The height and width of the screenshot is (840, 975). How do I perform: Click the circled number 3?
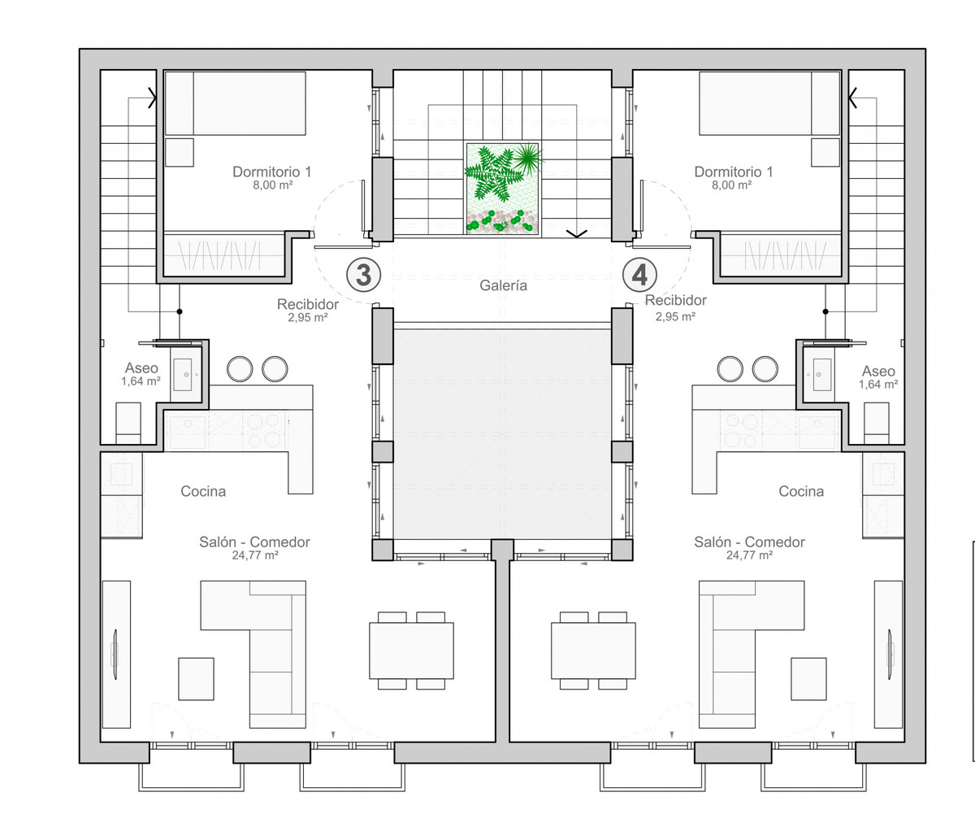tap(363, 275)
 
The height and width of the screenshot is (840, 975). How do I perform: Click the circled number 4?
tap(639, 275)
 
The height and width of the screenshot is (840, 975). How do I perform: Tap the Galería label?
tap(503, 285)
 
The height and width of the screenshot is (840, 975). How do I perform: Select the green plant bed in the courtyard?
tap(502, 189)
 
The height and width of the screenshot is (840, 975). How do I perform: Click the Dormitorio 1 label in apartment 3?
tap(272, 172)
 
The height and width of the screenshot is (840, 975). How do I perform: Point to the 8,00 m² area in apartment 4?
tap(731, 185)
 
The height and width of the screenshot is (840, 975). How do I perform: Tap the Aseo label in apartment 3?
tap(141, 368)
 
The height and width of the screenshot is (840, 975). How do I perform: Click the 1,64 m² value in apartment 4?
tap(877, 385)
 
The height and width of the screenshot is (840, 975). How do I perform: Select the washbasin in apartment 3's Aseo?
tap(183, 374)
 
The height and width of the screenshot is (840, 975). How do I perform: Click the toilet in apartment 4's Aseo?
tap(877, 423)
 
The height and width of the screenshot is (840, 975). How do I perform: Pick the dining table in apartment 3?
tap(411, 651)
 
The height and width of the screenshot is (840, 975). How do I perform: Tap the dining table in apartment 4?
tap(593, 651)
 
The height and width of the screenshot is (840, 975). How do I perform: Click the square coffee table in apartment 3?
tap(196, 679)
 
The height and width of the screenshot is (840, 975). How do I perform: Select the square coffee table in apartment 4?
tap(809, 679)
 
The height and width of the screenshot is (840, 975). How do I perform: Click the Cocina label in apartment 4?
tap(801, 491)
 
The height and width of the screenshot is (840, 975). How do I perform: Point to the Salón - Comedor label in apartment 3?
tap(254, 542)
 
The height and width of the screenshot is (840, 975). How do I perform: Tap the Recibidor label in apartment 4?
tap(675, 300)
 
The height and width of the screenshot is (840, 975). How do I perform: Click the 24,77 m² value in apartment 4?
tap(749, 555)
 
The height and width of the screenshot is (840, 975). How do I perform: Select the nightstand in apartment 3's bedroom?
tap(180, 152)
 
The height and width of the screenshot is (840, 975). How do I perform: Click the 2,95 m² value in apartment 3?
tap(308, 317)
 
